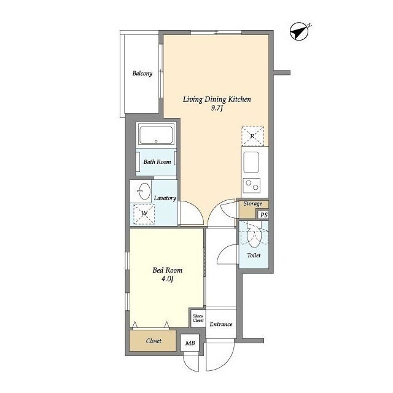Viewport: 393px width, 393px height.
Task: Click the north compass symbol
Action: pyautogui.click(x=300, y=32)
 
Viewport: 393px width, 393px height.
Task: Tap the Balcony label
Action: pyautogui.click(x=142, y=74)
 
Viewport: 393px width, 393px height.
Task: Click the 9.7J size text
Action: pyautogui.click(x=217, y=108)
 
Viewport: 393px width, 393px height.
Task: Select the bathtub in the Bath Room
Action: pyautogui.click(x=156, y=135)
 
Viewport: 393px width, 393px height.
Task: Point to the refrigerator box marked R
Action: pyautogui.click(x=252, y=136)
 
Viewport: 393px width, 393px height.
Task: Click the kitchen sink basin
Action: pyautogui.click(x=251, y=162)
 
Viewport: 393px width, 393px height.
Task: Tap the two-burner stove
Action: pyautogui.click(x=252, y=185)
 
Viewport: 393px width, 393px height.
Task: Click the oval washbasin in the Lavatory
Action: pyautogui.click(x=144, y=191)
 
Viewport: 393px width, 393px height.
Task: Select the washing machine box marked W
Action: pyautogui.click(x=144, y=214)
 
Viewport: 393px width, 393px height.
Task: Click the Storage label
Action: pyautogui.click(x=252, y=203)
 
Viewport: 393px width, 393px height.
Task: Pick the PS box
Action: pyautogui.click(x=263, y=215)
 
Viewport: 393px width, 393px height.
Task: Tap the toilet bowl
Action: pyautogui.click(x=254, y=238)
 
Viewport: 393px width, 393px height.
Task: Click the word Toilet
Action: pyautogui.click(x=254, y=255)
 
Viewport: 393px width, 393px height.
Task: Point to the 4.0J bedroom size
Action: pyautogui.click(x=167, y=279)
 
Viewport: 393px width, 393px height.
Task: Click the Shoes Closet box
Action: pyautogui.click(x=198, y=318)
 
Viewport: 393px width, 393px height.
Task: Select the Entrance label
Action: pyautogui.click(x=221, y=324)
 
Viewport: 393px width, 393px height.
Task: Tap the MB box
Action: pyautogui.click(x=190, y=343)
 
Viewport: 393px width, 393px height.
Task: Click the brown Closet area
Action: pyautogui.click(x=153, y=341)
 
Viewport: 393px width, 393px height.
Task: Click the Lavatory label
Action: pyautogui.click(x=165, y=198)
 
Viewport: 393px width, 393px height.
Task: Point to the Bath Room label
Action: pyautogui.click(x=157, y=162)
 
